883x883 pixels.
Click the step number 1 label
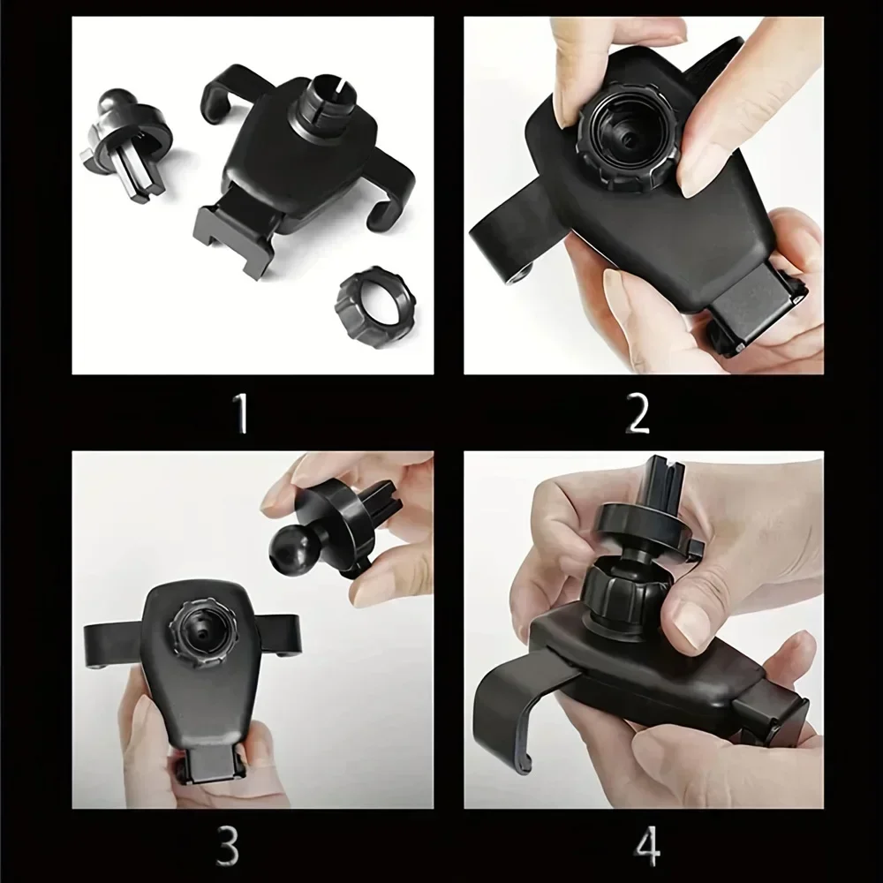[x=240, y=413]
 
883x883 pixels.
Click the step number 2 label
[x=638, y=413]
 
